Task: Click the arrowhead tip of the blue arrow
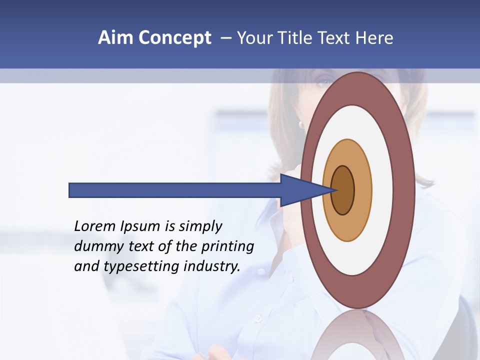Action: click(x=336, y=190)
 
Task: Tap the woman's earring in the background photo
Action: click(x=301, y=123)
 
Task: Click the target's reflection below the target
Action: click(x=358, y=335)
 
